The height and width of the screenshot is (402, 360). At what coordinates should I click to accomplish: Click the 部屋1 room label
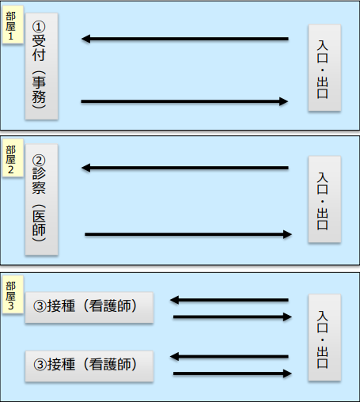tap(13, 25)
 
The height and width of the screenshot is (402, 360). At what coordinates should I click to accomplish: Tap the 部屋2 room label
tap(13, 158)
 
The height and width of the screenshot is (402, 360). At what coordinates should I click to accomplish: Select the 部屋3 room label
tap(13, 294)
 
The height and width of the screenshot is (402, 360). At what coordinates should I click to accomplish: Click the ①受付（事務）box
tap(41, 66)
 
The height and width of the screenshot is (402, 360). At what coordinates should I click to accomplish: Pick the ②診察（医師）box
tap(41, 199)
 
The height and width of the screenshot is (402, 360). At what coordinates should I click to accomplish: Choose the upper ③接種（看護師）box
tap(89, 307)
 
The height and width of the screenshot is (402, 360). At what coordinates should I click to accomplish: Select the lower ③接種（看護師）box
tap(89, 366)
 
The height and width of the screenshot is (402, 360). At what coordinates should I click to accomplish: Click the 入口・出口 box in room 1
tap(324, 68)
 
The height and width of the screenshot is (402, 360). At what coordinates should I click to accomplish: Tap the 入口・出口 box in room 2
tap(324, 199)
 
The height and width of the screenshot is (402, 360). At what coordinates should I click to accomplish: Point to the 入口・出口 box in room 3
tap(324, 338)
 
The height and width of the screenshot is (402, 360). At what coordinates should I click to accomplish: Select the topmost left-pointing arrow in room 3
tap(229, 300)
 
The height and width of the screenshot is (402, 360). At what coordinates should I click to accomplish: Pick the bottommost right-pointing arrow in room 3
tap(233, 374)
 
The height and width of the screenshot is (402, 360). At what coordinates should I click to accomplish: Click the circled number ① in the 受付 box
tap(39, 27)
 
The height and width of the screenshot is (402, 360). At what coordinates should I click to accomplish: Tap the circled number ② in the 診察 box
tap(39, 161)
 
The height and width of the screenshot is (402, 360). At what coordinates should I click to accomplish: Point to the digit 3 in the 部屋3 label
tap(10, 306)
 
